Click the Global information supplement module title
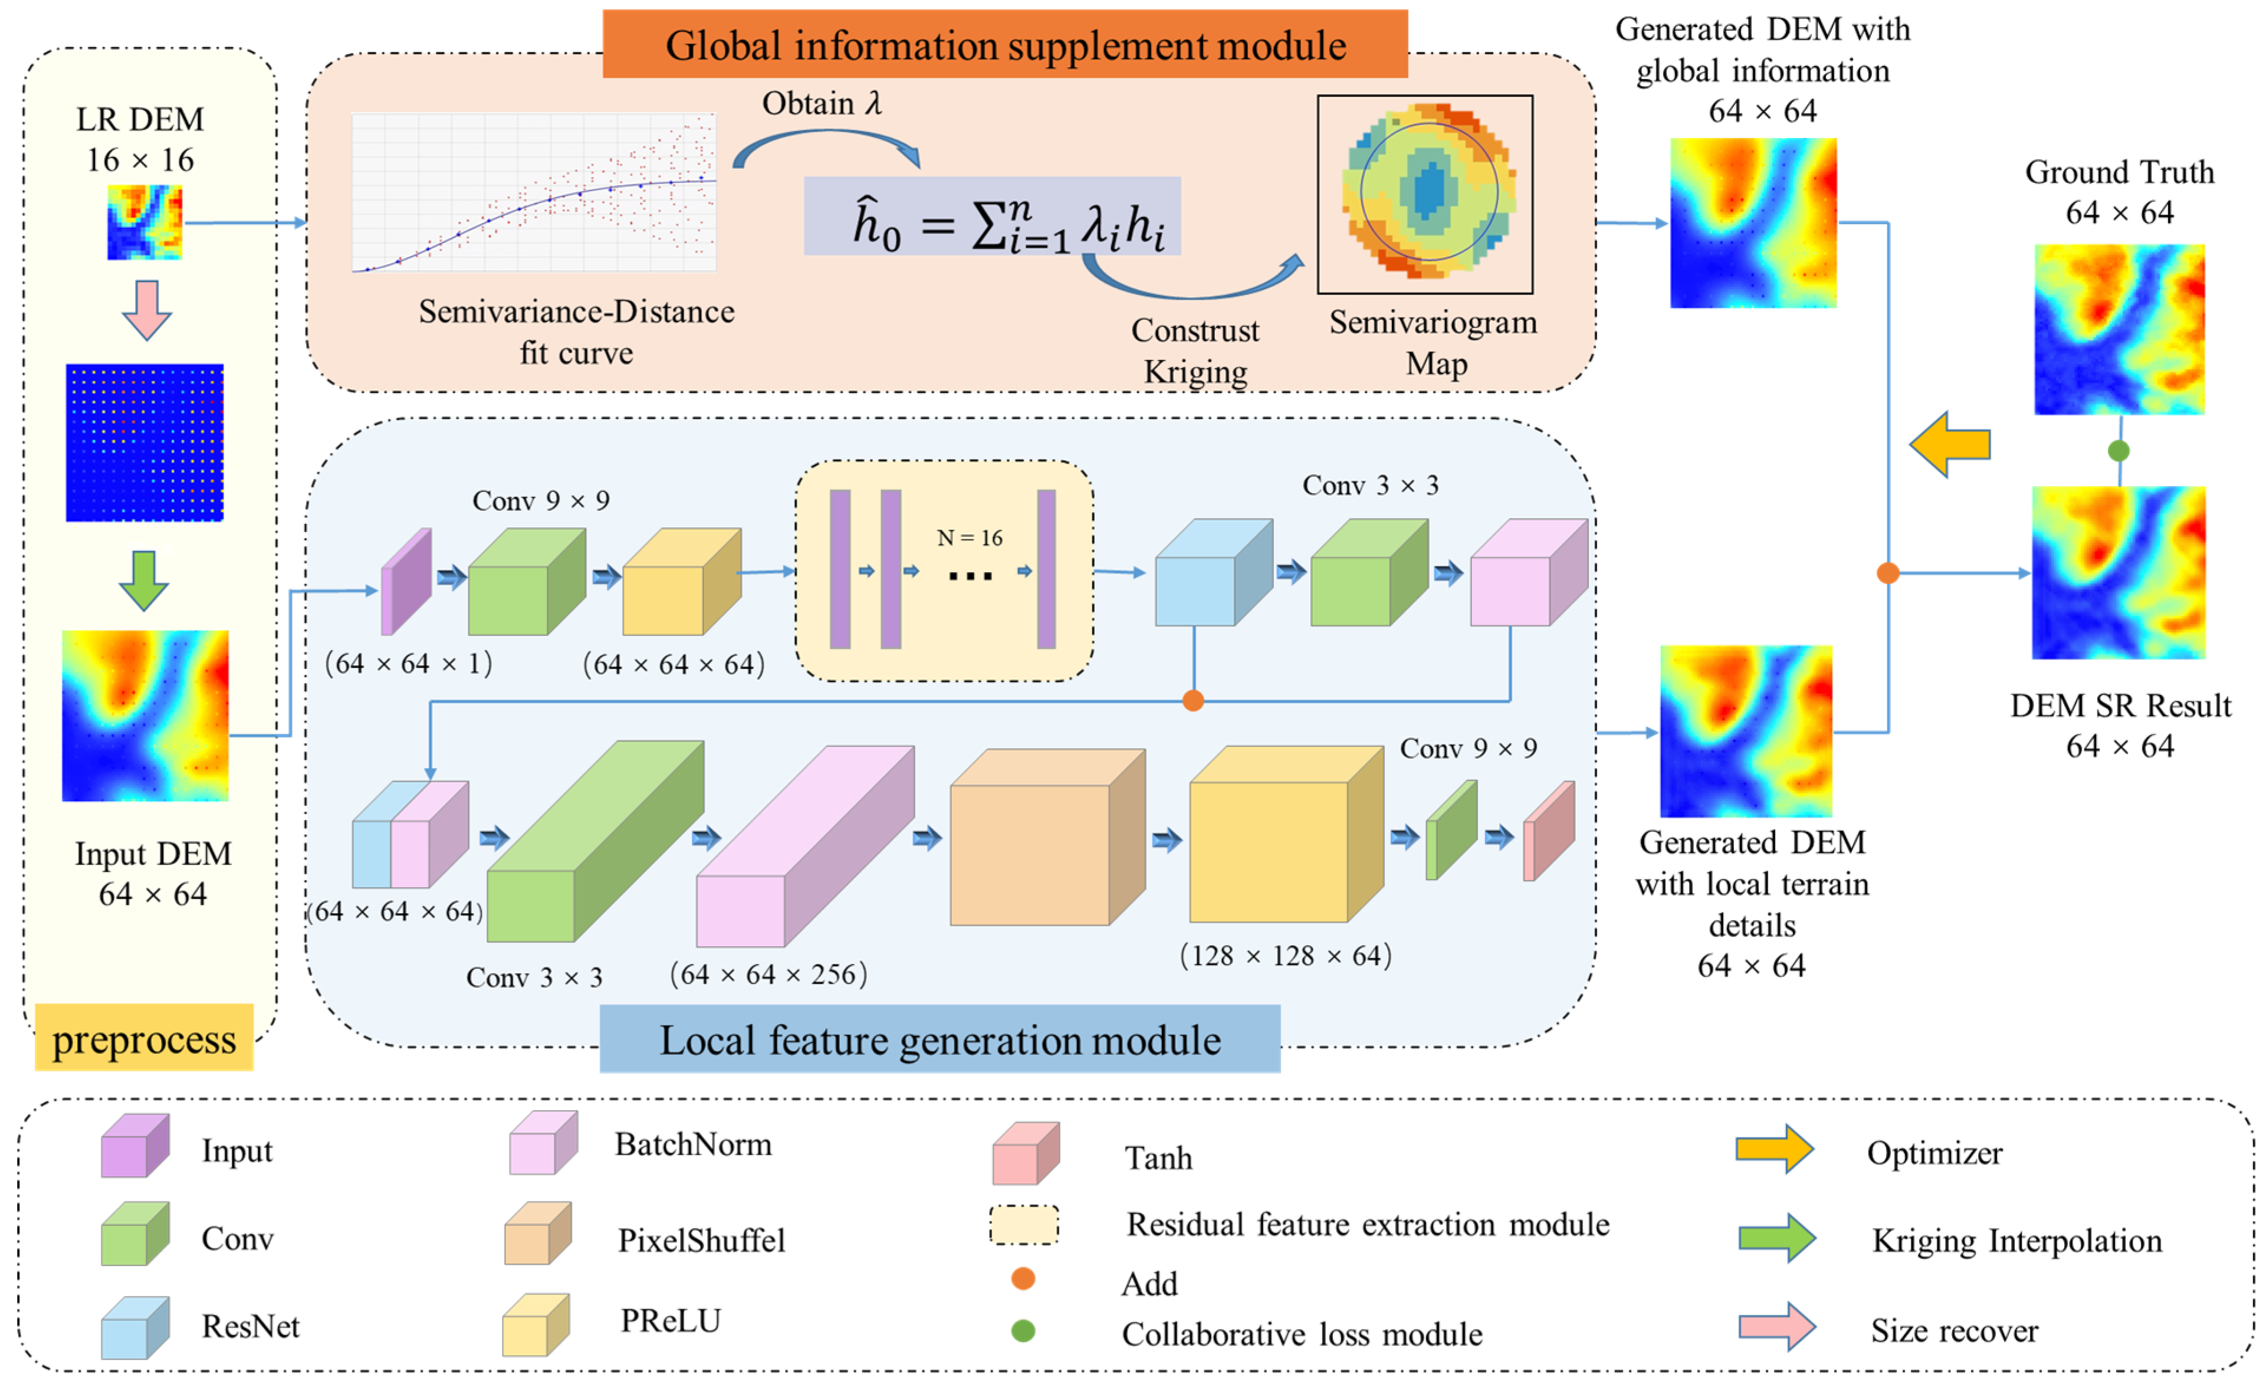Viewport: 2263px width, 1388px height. pyautogui.click(x=1005, y=45)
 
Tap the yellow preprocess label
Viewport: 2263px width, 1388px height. pyautogui.click(x=143, y=1039)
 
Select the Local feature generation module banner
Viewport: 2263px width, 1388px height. pyautogui.click(x=940, y=1040)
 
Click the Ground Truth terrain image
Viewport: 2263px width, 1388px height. pyautogui.click(x=2119, y=329)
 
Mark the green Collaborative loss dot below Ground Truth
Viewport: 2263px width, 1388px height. pyautogui.click(x=2119, y=450)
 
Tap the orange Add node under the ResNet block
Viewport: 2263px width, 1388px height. pyautogui.click(x=1193, y=701)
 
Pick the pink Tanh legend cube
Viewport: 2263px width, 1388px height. pyautogui.click(x=1025, y=1154)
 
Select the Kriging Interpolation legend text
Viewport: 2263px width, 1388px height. pyautogui.click(x=2017, y=1241)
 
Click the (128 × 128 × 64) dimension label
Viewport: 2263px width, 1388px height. pyautogui.click(x=1285, y=956)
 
